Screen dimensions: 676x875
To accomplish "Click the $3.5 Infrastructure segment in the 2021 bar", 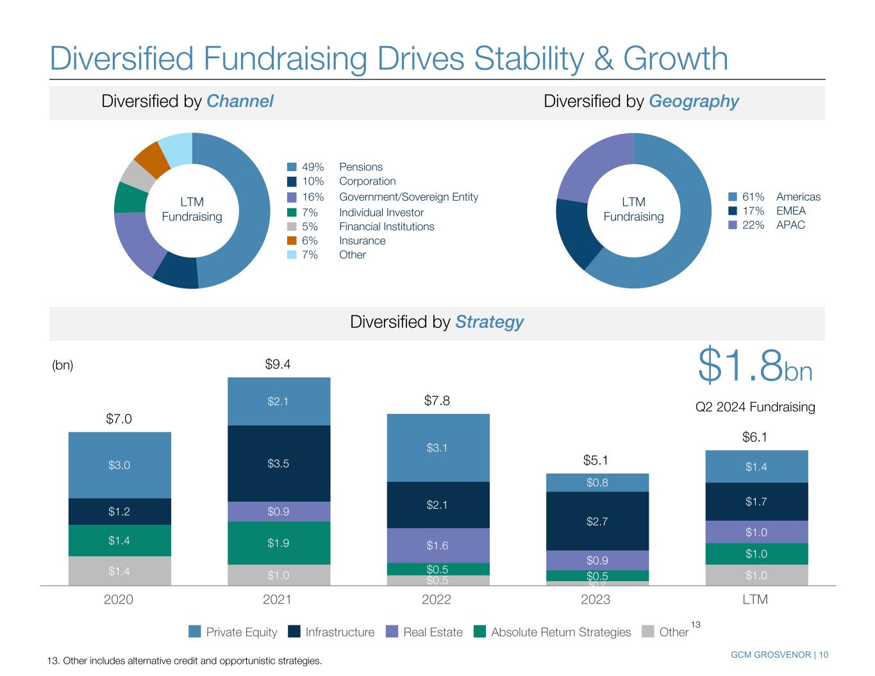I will coord(278,463).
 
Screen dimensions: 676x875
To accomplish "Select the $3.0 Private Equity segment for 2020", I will coord(119,465).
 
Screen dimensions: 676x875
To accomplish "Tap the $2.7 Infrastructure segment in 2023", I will coord(597,521).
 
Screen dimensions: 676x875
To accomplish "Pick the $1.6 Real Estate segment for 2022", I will coord(438,546).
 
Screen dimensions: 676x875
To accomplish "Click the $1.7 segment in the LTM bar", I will coord(756,502).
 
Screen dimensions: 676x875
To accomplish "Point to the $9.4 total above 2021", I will coord(278,365).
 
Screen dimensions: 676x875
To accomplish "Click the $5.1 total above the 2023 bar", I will coord(596,460).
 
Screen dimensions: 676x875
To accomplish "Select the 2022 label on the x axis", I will coord(437,600).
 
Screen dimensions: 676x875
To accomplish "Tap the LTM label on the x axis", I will coord(755,600).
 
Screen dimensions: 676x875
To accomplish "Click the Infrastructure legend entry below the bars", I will coord(332,632).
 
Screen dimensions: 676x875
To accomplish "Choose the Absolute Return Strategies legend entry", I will coord(553,632).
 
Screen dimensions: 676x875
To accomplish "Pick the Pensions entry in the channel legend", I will coord(360,167).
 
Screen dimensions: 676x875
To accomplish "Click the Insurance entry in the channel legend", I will coord(362,241).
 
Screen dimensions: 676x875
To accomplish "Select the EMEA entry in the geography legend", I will coord(790,211).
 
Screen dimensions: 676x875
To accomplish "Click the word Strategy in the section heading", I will coord(489,322).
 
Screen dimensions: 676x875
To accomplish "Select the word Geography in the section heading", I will coord(694,101).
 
